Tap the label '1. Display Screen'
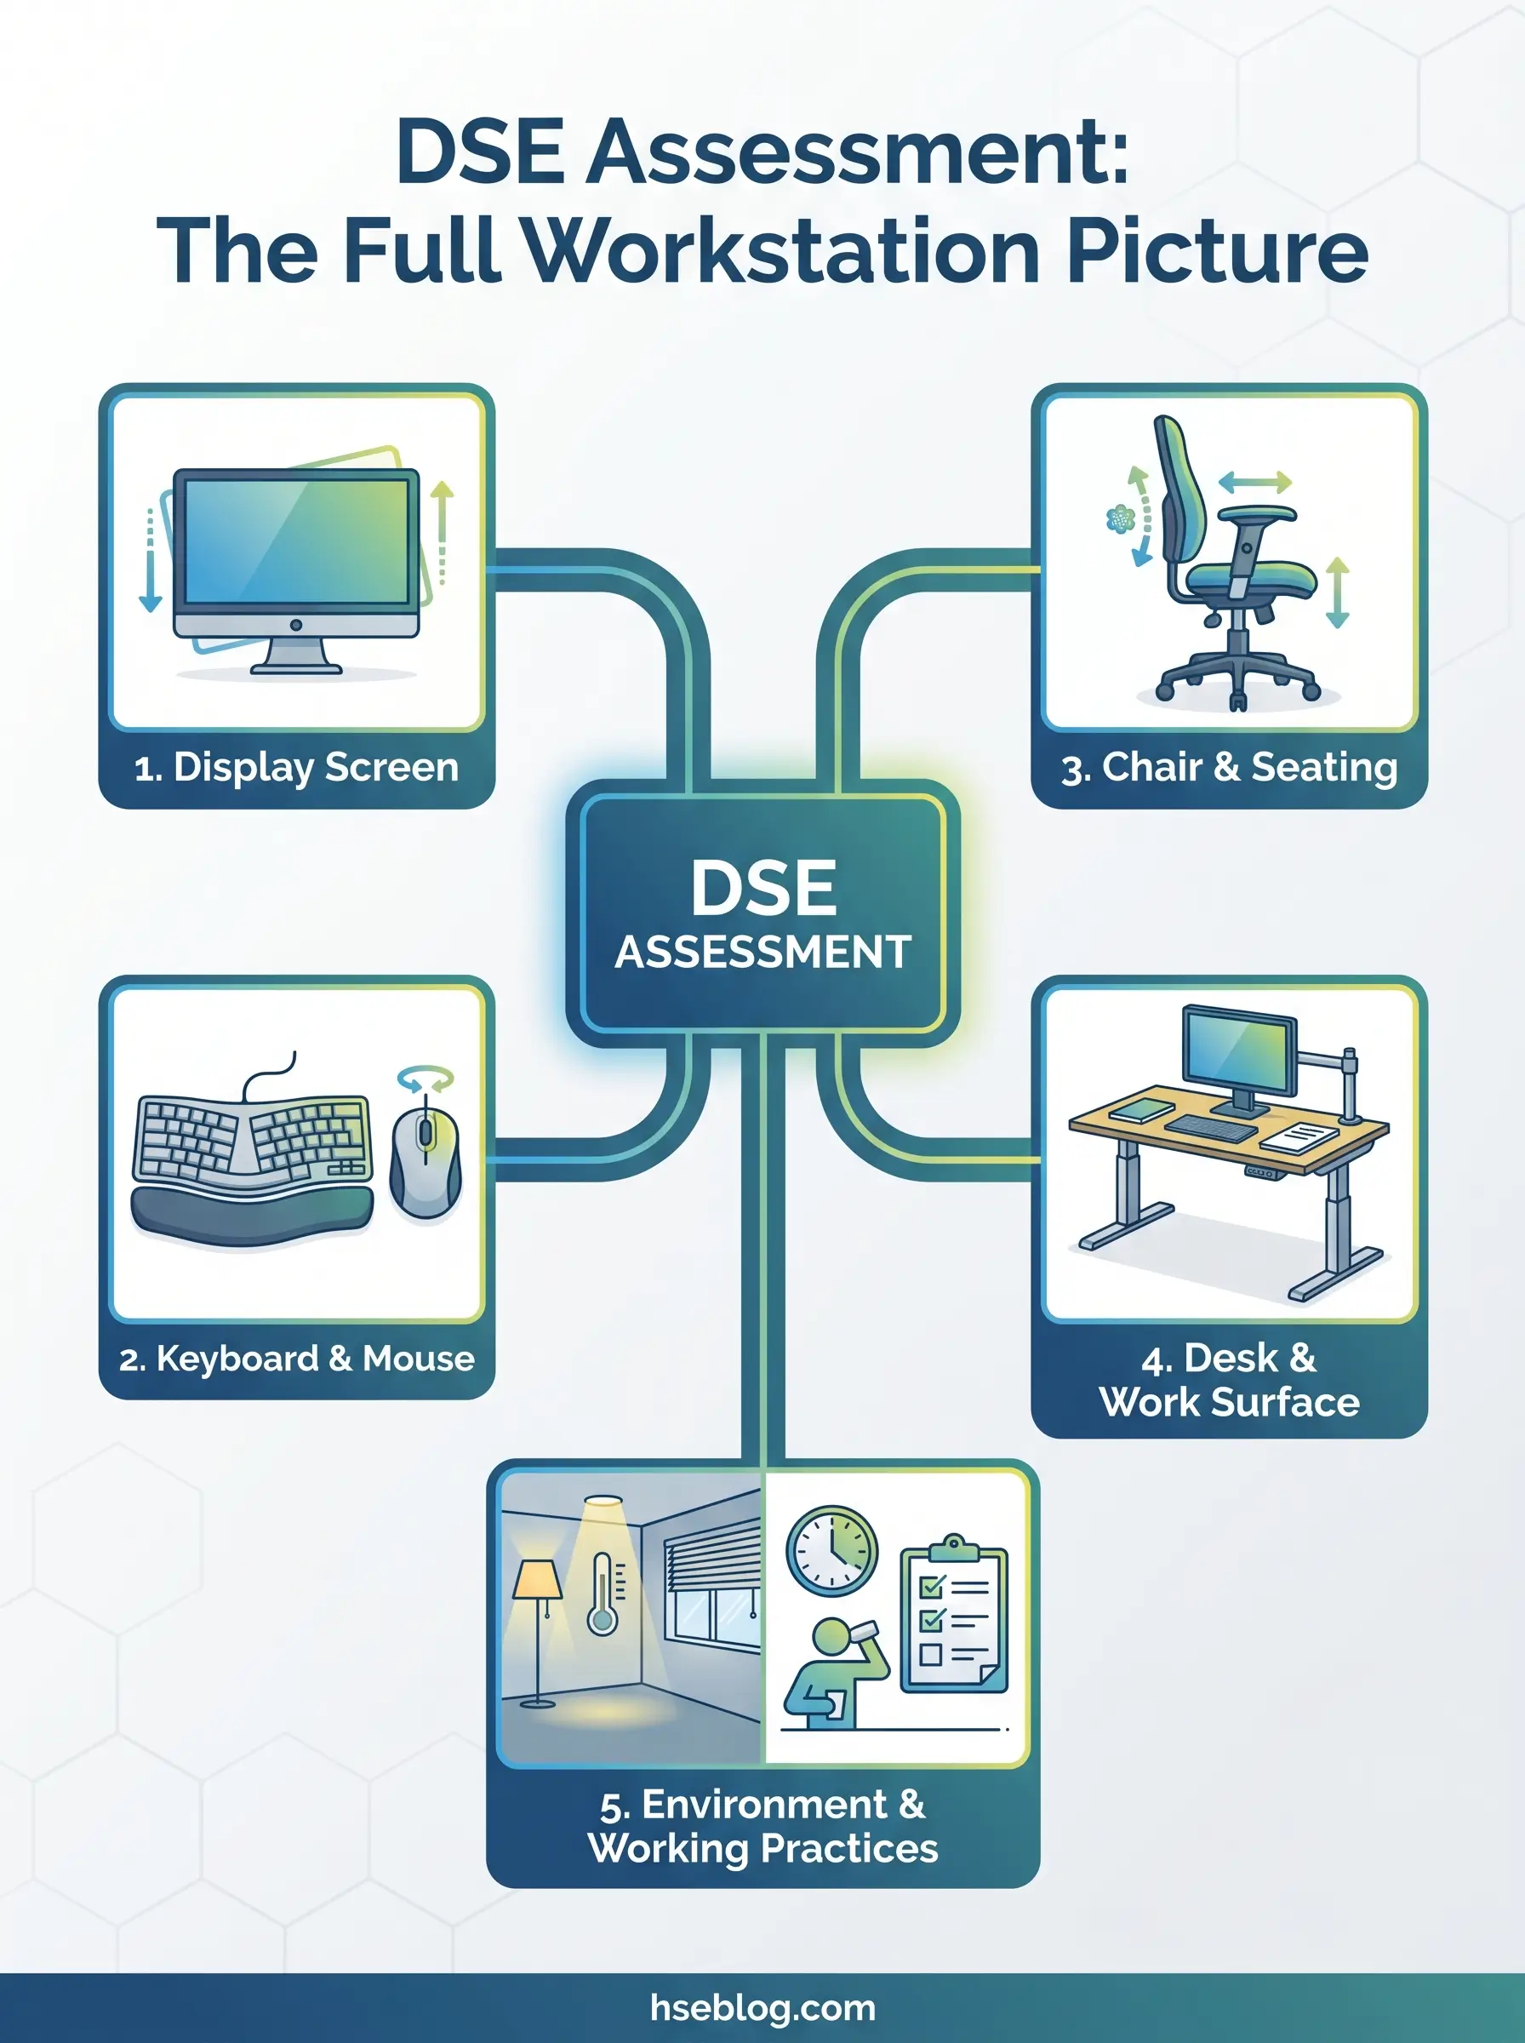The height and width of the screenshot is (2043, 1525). click(x=296, y=768)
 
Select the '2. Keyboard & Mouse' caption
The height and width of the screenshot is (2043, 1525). click(x=296, y=1358)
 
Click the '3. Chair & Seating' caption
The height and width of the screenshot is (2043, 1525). click(x=1229, y=768)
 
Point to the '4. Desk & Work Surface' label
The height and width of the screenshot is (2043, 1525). click(x=1229, y=1380)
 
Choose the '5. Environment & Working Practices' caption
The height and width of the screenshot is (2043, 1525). click(x=762, y=1825)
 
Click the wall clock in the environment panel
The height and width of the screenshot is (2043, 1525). click(x=831, y=1551)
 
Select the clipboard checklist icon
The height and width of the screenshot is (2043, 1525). click(x=954, y=1619)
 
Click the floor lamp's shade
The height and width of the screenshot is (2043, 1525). click(x=537, y=1580)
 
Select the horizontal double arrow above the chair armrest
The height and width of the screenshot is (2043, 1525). click(x=1254, y=482)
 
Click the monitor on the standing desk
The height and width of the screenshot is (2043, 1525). click(x=1239, y=1053)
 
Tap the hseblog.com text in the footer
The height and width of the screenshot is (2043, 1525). click(x=762, y=2007)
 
